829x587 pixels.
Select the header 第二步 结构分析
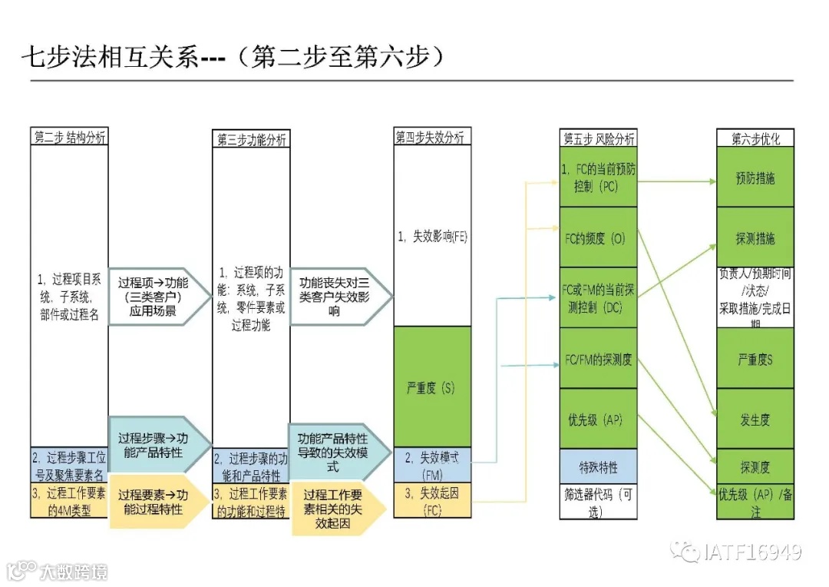point(69,137)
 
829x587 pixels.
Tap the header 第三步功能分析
point(251,139)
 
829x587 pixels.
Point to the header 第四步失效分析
point(431,137)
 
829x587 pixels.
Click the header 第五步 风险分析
point(599,139)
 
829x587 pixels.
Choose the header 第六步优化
point(755,139)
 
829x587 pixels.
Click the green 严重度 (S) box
point(431,386)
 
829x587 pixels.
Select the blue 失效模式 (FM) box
point(431,464)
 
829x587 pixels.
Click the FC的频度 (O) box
point(599,238)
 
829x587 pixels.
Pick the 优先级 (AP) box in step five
point(599,420)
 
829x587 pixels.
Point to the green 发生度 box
point(755,420)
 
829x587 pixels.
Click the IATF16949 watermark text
point(752,552)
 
